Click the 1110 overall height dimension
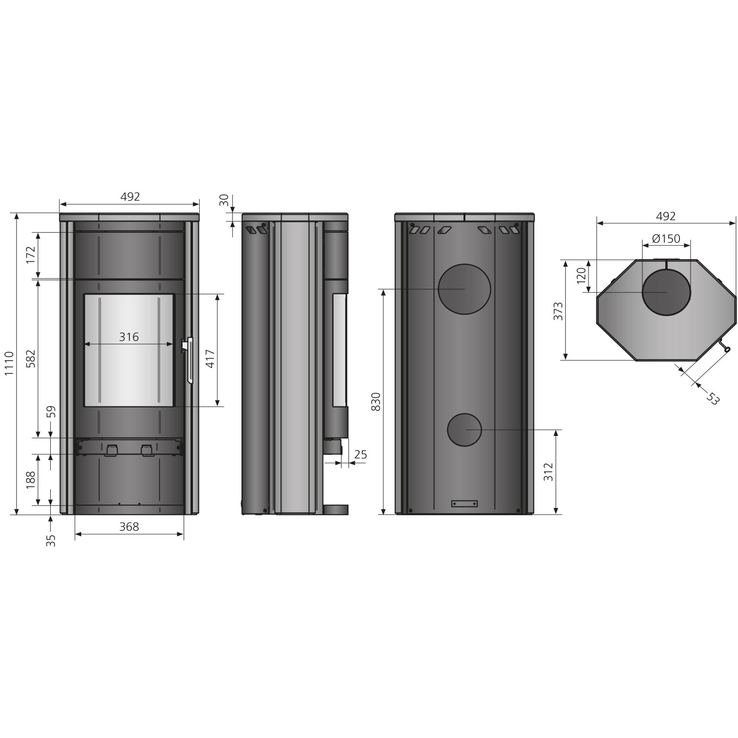click(x=9, y=365)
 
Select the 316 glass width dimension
click(x=129, y=337)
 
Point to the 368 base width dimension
click(x=129, y=526)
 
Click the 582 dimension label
click(x=31, y=359)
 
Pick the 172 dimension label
click(x=31, y=255)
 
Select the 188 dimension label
click(x=31, y=480)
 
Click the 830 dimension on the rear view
click(x=375, y=402)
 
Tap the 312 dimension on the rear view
click(x=549, y=472)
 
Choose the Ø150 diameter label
click(x=666, y=239)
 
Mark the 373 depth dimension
click(x=558, y=311)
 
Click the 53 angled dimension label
click(x=712, y=398)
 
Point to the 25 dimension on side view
click(x=361, y=455)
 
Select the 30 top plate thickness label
click(x=224, y=200)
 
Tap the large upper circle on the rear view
click(x=464, y=289)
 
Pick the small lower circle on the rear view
click(x=464, y=430)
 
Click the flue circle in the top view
click(x=666, y=292)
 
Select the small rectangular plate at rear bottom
click(x=464, y=503)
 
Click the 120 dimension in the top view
click(x=582, y=275)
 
